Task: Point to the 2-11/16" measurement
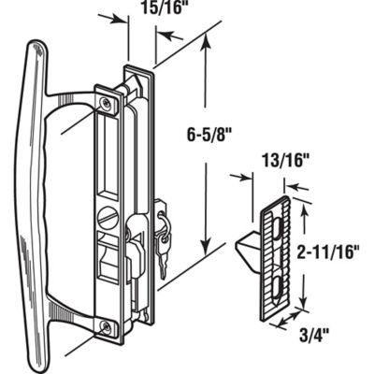coord(334,251)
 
